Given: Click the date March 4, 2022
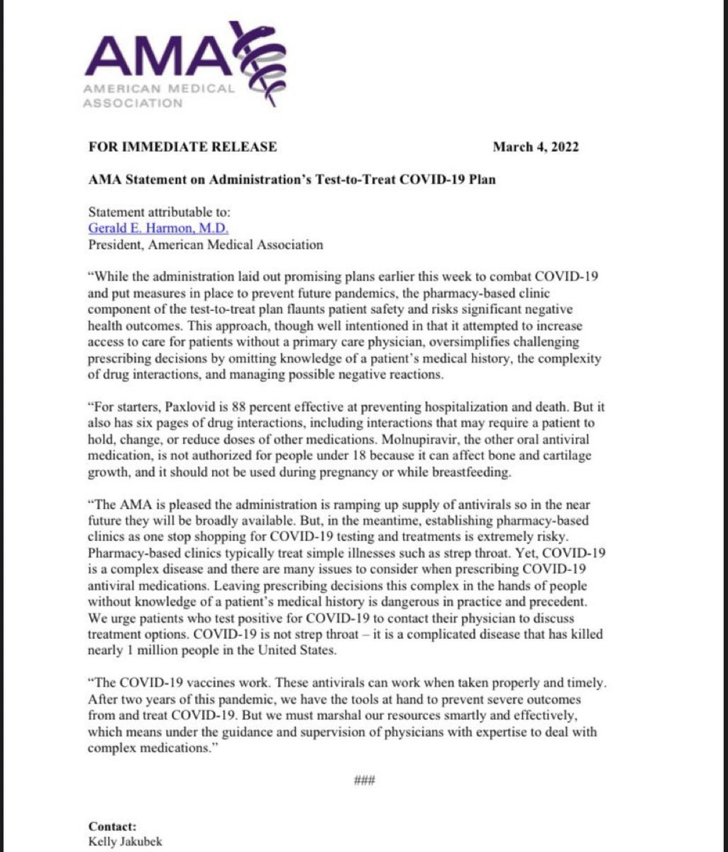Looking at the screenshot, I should pos(536,147).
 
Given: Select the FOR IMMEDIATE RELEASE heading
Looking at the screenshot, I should pos(182,147).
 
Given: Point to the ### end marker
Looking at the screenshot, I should pos(364,781).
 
